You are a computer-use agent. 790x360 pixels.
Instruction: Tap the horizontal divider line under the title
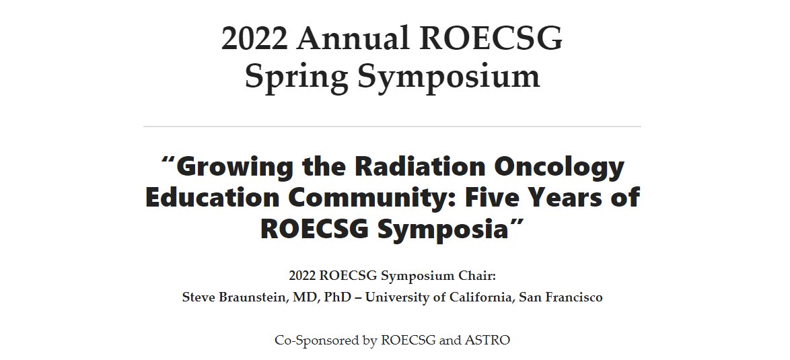point(392,126)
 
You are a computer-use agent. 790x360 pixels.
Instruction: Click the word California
point(478,297)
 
